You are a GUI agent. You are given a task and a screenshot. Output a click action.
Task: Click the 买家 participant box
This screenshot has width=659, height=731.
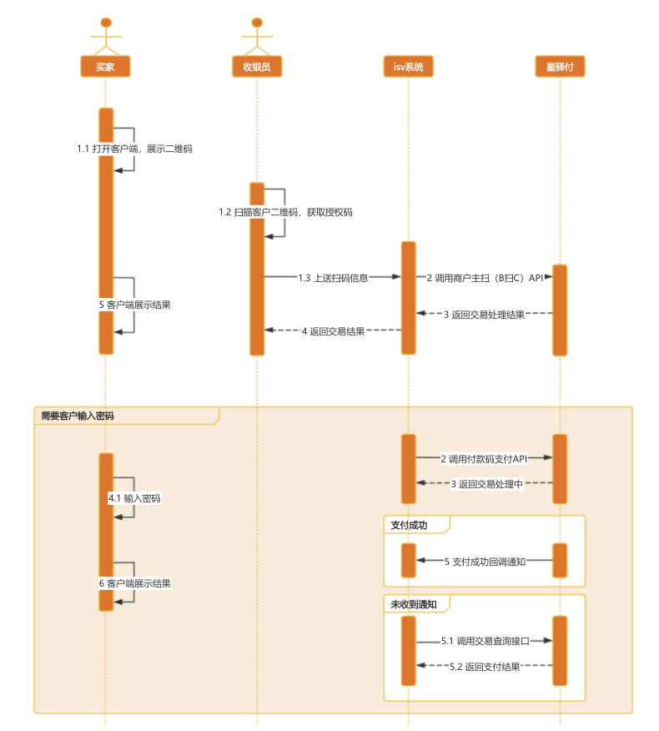[x=105, y=67]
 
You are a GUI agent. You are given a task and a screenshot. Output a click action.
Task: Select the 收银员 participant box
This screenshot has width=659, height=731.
[x=257, y=67]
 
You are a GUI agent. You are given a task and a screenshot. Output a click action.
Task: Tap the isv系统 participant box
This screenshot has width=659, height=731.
[x=409, y=67]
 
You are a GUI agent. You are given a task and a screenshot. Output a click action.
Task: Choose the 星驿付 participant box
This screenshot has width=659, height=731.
[x=560, y=67]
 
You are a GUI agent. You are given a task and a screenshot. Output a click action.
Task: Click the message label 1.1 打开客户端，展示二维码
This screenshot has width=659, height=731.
[x=135, y=149]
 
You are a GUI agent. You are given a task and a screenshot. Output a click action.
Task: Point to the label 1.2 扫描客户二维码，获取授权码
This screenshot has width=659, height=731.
[x=285, y=213]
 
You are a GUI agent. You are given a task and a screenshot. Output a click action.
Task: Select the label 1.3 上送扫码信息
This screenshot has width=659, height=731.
[x=333, y=277]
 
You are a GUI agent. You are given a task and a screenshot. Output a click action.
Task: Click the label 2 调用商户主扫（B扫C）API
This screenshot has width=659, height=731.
[x=485, y=277]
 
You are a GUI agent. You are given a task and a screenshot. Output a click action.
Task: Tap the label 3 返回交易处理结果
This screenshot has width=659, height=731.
[x=485, y=315]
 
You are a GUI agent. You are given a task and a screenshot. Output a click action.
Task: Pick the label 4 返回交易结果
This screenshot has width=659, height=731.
[x=333, y=331]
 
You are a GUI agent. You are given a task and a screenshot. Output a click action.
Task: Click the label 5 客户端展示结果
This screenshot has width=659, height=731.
[x=135, y=305]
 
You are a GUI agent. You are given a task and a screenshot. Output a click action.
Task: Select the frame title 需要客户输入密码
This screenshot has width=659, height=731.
[x=78, y=416]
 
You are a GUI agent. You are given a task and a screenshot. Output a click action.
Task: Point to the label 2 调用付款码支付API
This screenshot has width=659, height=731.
[x=485, y=459]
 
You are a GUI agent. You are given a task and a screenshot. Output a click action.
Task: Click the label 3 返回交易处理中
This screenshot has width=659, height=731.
[x=486, y=484]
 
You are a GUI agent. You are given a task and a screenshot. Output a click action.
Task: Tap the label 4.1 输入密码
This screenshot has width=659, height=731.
[x=134, y=498]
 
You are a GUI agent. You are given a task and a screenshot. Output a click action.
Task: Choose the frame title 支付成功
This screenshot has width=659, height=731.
[x=409, y=525]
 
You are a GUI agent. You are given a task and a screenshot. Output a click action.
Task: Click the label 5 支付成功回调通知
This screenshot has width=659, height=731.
[x=485, y=562]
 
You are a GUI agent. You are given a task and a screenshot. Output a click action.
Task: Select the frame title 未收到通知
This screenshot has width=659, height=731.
[x=414, y=603]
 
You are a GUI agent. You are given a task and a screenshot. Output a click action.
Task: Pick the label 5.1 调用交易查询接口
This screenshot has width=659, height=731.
[x=485, y=642]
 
